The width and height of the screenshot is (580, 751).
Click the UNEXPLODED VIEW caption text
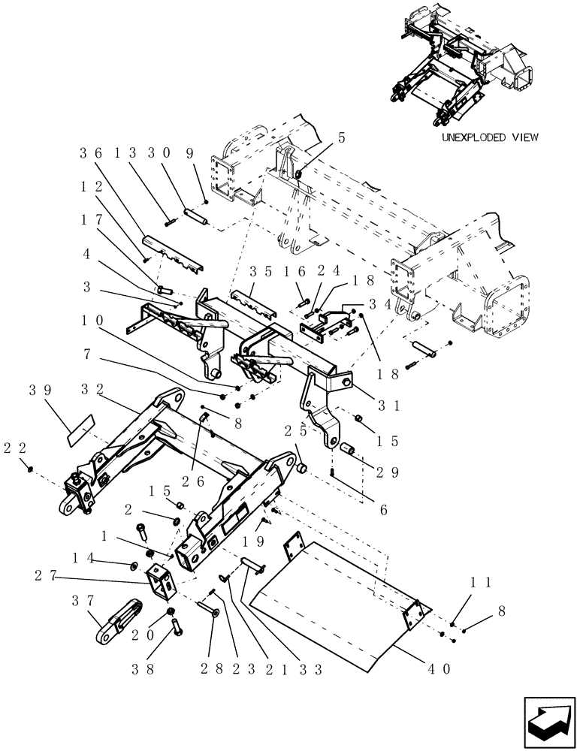point(490,138)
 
